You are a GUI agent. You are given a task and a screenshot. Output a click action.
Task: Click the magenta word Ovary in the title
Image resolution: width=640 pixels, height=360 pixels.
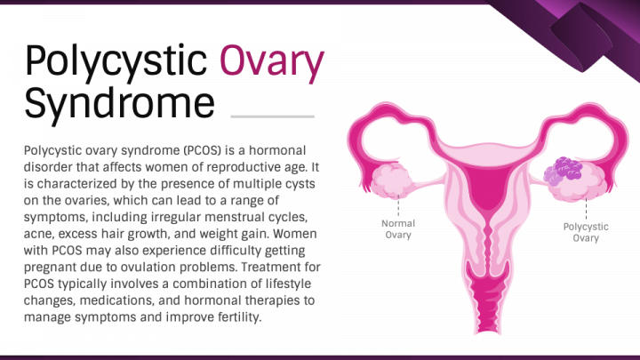(272, 62)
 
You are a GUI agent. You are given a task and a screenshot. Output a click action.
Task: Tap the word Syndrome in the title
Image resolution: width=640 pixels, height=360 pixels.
(120, 104)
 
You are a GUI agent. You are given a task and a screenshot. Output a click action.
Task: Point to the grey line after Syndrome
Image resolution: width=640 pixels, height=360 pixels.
(273, 116)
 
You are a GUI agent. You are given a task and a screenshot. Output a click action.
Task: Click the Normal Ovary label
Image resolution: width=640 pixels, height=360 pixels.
(398, 229)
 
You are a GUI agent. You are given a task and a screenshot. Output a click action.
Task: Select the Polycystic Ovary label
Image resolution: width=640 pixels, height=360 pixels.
(586, 232)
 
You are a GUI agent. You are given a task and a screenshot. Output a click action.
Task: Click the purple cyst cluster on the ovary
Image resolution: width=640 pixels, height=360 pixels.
(563, 172)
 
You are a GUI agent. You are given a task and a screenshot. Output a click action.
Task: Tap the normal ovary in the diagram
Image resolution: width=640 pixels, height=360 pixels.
(392, 180)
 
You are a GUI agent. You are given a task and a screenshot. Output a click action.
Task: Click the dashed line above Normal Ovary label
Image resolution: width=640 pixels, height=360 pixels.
(398, 205)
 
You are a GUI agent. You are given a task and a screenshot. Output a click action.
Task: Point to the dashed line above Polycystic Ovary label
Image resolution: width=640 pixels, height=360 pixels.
(586, 209)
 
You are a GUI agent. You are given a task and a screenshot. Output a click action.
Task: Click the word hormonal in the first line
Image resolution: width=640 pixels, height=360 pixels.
(277, 150)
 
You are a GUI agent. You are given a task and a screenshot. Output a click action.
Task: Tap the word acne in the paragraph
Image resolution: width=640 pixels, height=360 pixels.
(37, 235)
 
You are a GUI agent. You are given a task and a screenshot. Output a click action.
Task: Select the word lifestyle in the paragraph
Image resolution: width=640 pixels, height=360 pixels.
(288, 284)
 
